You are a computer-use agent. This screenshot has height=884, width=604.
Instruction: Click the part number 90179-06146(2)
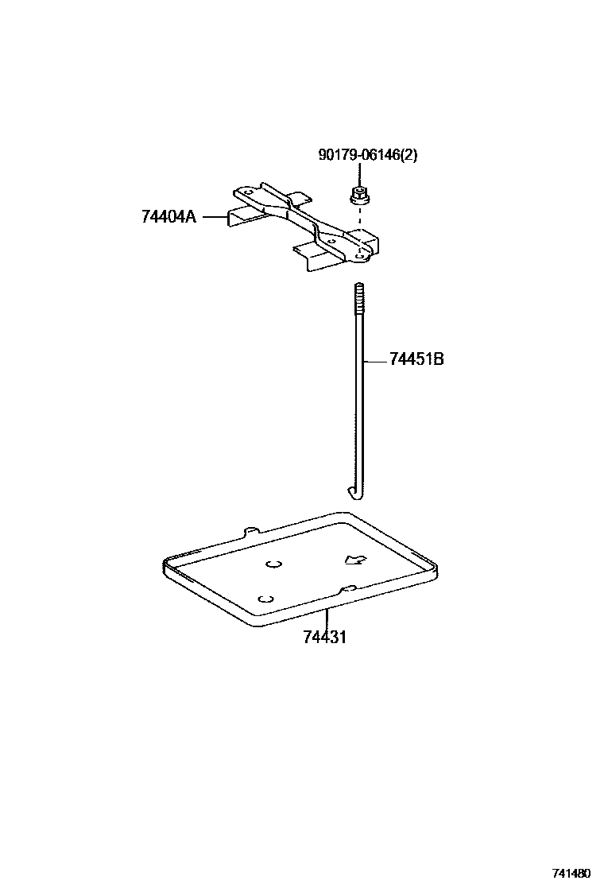pyautogui.click(x=367, y=156)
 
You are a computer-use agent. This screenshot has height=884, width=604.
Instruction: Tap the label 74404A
pyautogui.click(x=168, y=215)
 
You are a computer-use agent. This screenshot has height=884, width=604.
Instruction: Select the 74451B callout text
pyautogui.click(x=416, y=359)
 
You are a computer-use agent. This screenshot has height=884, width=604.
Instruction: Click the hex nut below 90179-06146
pyautogui.click(x=358, y=194)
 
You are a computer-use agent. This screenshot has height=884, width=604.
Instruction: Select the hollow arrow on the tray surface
pyautogui.click(x=354, y=560)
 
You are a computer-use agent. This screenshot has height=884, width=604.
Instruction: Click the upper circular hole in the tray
pyautogui.click(x=274, y=564)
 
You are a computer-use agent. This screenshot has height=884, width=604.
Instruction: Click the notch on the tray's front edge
pyautogui.click(x=348, y=589)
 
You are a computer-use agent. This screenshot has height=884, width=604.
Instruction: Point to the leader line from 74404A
pyautogui.click(x=212, y=215)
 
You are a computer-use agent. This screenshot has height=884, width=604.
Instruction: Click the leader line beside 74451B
pyautogui.click(x=376, y=360)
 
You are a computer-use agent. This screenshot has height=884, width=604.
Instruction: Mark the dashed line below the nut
pyautogui.click(x=359, y=216)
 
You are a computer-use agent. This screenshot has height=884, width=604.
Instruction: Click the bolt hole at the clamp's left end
pyautogui.click(x=248, y=193)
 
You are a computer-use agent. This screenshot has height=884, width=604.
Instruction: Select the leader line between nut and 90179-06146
pyautogui.click(x=358, y=174)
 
